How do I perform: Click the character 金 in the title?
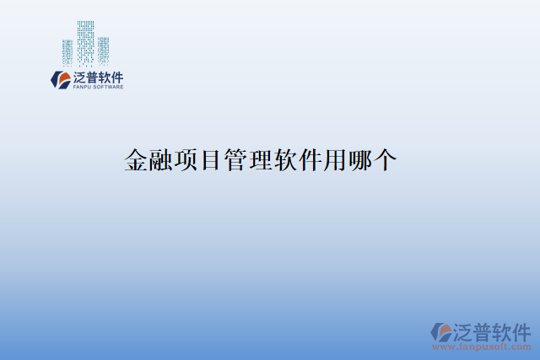(136, 160)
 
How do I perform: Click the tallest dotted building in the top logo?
(85, 42)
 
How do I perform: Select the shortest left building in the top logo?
(67, 52)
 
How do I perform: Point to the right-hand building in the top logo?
(104, 50)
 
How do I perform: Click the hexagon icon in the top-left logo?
(61, 78)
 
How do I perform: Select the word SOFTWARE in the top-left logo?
(110, 87)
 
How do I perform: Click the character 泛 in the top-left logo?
(80, 76)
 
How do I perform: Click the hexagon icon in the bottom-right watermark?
(440, 331)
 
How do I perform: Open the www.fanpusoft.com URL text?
(482, 347)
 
